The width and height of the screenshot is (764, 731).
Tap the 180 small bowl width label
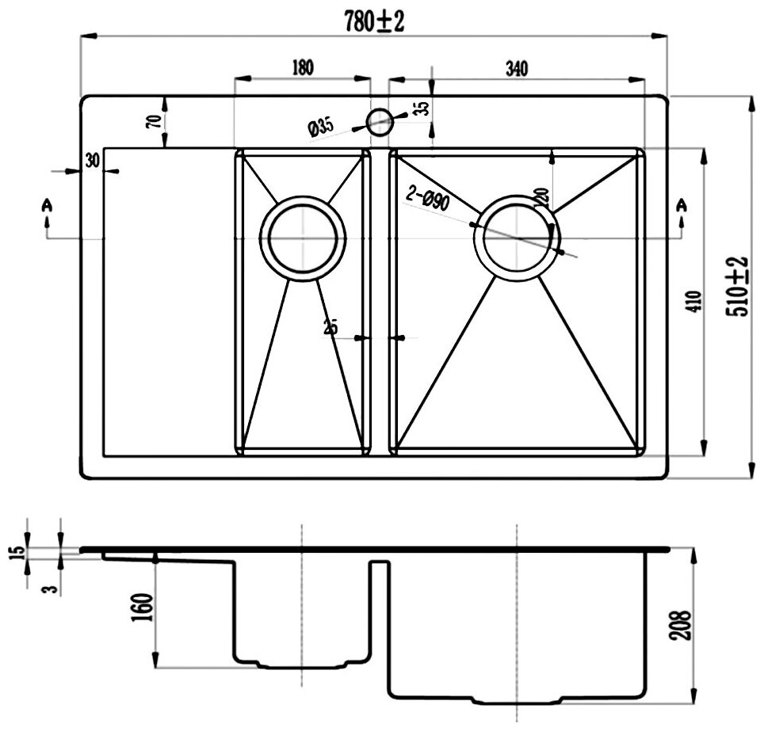coord(303,67)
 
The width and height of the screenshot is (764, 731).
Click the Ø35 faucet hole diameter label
coord(320,126)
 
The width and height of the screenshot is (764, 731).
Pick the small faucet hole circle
coord(379,120)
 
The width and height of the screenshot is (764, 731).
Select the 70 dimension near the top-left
coord(155,120)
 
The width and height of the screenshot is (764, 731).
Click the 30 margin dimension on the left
coord(92,160)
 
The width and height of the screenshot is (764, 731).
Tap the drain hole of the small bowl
coord(304,237)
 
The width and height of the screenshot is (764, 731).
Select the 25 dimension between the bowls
coord(331,326)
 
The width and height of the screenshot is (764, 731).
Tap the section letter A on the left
coord(48,205)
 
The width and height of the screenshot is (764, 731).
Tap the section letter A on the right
coord(681,205)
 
